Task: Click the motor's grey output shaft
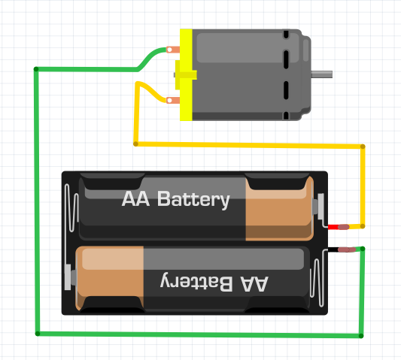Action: click(x=321, y=74)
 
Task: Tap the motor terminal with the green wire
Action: click(x=173, y=50)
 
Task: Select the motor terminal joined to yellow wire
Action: click(x=173, y=100)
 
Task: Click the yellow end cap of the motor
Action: click(x=186, y=74)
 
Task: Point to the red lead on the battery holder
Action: click(x=333, y=227)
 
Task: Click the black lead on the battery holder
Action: click(x=333, y=250)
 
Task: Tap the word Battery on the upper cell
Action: click(x=193, y=200)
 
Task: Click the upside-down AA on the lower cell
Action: click(x=254, y=283)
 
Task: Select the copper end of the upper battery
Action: click(x=280, y=208)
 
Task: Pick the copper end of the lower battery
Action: click(x=110, y=278)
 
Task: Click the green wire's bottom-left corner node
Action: click(x=38, y=334)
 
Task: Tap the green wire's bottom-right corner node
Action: click(x=361, y=336)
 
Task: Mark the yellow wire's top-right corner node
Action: click(x=363, y=147)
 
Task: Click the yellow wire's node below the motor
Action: click(x=135, y=144)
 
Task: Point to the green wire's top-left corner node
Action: click(x=36, y=69)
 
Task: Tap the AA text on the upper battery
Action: click(x=135, y=198)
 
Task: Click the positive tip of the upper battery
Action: click(x=315, y=207)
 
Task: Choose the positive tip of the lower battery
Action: click(x=74, y=277)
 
